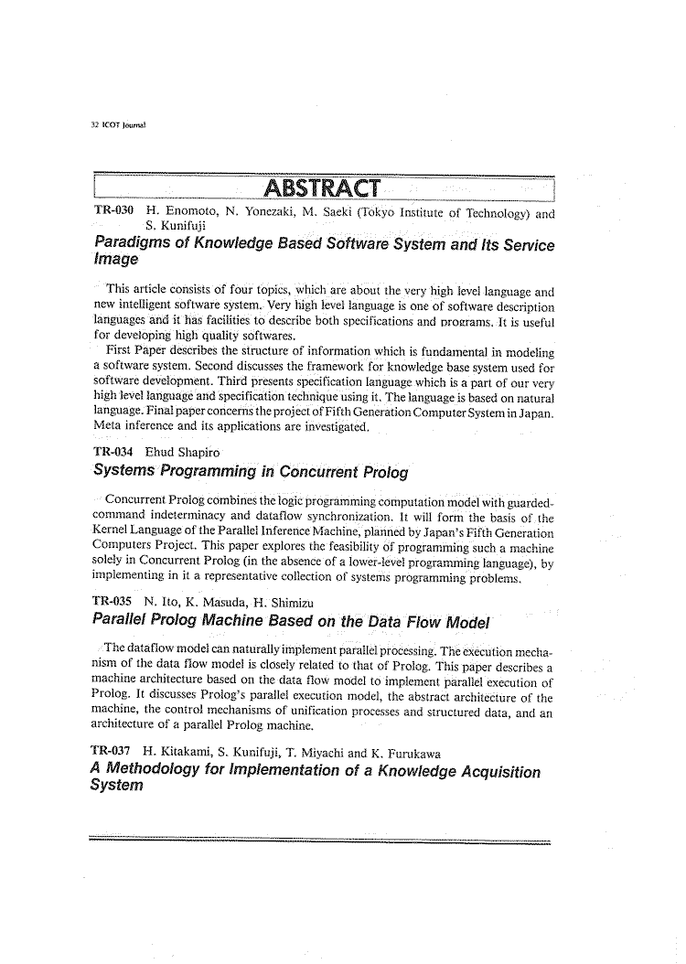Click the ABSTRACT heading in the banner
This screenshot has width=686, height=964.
pyautogui.click(x=321, y=189)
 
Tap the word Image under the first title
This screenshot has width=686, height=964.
pyautogui.click(x=116, y=261)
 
